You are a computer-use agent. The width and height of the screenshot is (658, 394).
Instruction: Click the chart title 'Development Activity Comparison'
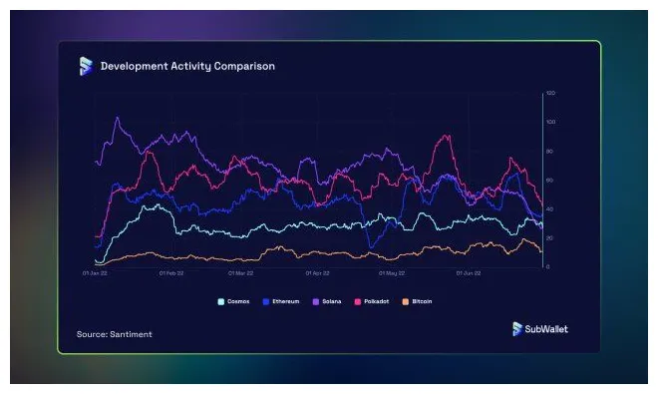pos(187,66)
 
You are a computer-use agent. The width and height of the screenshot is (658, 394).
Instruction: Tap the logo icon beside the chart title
pos(86,66)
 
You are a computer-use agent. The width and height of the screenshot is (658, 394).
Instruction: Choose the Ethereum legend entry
pos(284,300)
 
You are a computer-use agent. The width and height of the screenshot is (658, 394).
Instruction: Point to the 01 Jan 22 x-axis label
pos(95,271)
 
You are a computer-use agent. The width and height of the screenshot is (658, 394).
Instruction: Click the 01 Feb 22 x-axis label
pos(169,271)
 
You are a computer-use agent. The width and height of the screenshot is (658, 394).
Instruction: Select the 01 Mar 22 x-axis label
pos(242,271)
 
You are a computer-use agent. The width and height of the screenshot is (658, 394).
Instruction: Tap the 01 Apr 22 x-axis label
pos(318,271)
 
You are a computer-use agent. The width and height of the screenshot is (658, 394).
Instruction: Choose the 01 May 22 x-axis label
pos(393,271)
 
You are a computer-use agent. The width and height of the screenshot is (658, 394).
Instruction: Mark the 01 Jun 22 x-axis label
pos(469,271)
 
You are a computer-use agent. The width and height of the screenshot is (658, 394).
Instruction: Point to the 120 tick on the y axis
pos(550,93)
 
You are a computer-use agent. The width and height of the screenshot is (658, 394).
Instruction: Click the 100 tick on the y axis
pos(550,122)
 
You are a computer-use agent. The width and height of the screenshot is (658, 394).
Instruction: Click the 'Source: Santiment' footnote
pos(115,333)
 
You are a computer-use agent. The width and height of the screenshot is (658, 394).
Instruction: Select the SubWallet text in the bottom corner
pos(546,329)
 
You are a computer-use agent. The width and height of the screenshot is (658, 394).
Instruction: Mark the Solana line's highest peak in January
pos(118,118)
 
